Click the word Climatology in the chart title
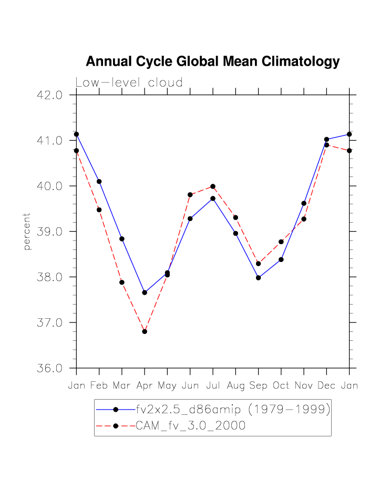click(x=297, y=62)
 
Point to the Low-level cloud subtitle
click(x=129, y=83)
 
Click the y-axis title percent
click(x=27, y=232)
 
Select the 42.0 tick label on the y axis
click(x=49, y=95)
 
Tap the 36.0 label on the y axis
click(x=49, y=368)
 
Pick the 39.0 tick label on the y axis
click(x=49, y=232)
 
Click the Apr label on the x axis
click(x=145, y=386)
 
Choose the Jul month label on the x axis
click(x=213, y=386)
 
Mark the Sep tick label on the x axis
click(x=258, y=386)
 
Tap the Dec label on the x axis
click(x=326, y=386)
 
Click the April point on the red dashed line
click(x=145, y=331)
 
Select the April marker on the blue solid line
click(x=145, y=292)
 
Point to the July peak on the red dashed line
click(x=213, y=186)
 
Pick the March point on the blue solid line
click(x=122, y=239)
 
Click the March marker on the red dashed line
click(x=122, y=283)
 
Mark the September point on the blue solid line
click(x=258, y=278)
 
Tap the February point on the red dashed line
click(x=99, y=210)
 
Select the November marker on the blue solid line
click(x=304, y=203)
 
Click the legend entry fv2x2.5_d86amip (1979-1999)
click(x=233, y=410)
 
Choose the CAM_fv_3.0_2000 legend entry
click(x=190, y=426)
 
